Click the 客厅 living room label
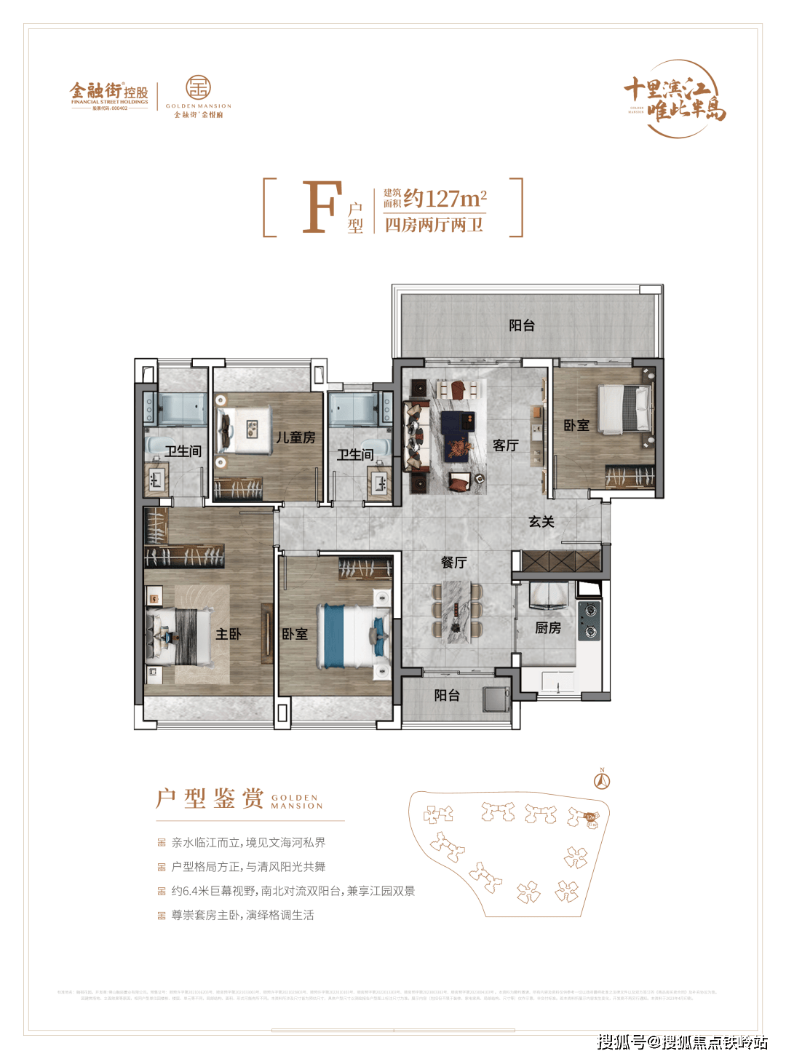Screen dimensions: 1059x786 505,445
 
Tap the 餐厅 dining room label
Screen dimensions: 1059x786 453,562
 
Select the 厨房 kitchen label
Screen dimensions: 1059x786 548,627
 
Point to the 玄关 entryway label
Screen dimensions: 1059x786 541,521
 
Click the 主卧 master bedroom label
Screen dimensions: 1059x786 228,634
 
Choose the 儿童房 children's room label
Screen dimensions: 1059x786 295,437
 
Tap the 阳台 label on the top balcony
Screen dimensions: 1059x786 522,325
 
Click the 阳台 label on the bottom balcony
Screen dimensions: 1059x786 447,695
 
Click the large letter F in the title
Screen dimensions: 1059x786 322,207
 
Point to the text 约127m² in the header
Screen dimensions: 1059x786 445,199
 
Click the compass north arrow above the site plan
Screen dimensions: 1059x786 602,780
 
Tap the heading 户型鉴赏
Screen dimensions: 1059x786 210,798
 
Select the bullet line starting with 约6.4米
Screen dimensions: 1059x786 293,891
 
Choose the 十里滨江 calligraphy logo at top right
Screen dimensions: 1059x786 675,99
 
